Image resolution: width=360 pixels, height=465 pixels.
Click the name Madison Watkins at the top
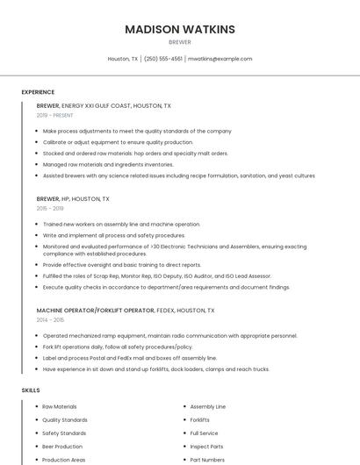pos(180,29)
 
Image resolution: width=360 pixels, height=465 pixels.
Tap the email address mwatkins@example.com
pos(220,59)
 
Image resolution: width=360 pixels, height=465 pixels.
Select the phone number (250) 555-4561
pos(163,59)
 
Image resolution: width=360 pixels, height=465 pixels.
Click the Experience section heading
pos(38,92)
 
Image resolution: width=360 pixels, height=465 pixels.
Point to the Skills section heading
pos(31,390)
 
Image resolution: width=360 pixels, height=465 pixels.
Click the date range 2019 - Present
pos(55,115)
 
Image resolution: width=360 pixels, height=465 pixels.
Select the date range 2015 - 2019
pos(50,209)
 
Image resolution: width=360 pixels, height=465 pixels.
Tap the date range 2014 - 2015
pos(50,320)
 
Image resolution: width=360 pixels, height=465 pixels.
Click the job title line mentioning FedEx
pos(125,311)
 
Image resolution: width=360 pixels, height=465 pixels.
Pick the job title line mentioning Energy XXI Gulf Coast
pos(104,105)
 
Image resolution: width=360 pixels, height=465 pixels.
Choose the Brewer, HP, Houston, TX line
pos(73,199)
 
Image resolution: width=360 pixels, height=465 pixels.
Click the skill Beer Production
pos(62,447)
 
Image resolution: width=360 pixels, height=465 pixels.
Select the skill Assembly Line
pos(208,407)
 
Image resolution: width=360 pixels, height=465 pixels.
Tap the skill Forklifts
pos(200,420)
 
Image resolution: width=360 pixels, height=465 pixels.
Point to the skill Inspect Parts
pos(206,447)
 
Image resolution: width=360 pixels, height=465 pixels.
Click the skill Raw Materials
pos(60,407)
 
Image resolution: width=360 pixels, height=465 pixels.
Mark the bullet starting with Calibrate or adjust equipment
pos(118,142)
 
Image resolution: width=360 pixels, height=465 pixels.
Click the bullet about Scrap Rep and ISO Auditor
pos(157,275)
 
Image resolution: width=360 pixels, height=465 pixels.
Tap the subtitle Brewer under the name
pos(180,42)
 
